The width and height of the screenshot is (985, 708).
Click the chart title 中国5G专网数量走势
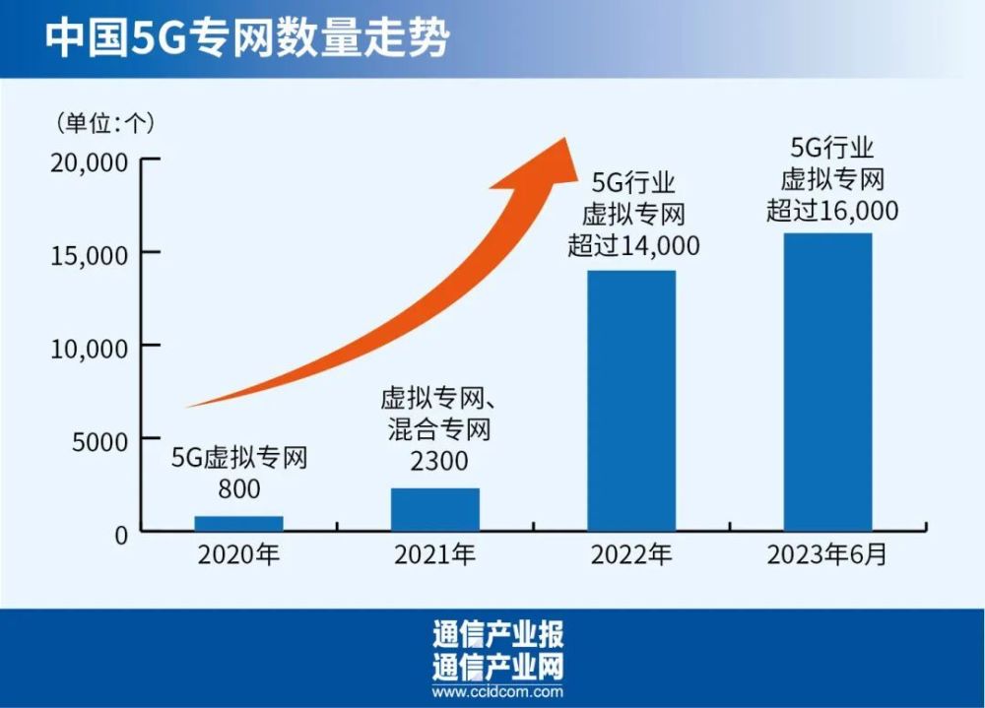tap(247, 38)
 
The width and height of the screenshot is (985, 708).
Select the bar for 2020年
tap(238, 523)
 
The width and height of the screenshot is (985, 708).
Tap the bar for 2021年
tap(435, 509)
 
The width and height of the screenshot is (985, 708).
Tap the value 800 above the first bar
tap(239, 488)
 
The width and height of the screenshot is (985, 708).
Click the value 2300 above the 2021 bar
tap(435, 460)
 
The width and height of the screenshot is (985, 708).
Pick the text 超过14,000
tap(633, 244)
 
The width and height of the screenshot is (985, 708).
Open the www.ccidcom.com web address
tap(496, 690)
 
